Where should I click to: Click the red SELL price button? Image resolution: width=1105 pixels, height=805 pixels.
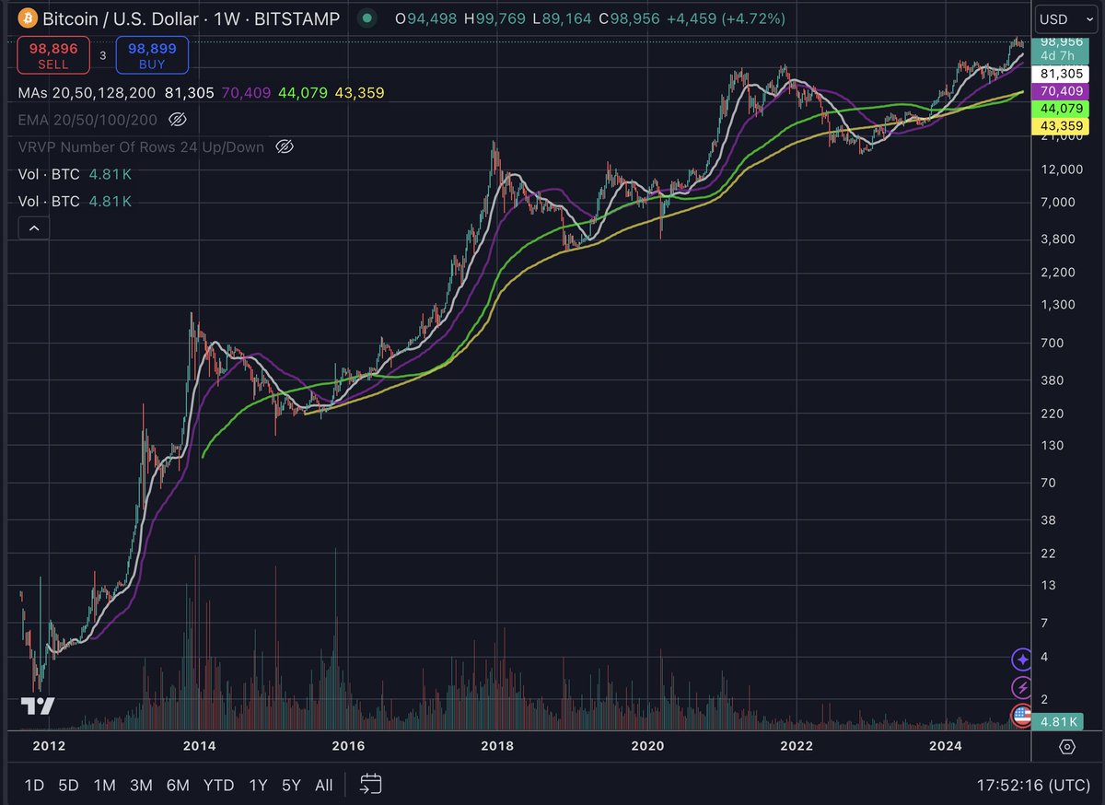[x=53, y=55]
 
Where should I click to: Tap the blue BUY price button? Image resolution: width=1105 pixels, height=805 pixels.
[x=152, y=55]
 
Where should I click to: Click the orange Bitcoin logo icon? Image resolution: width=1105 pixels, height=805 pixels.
[x=28, y=18]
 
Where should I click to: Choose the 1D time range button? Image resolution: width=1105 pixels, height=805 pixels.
[x=34, y=785]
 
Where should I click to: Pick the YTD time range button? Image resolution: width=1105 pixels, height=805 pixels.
[x=218, y=785]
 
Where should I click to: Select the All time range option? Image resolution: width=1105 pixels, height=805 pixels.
[x=323, y=785]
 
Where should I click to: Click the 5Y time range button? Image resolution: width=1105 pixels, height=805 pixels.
[x=291, y=785]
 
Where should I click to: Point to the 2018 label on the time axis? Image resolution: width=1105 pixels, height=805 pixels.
[x=497, y=746]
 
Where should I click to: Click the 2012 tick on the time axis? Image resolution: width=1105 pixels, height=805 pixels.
[x=48, y=746]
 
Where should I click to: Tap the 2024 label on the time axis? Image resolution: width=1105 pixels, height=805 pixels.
[x=946, y=746]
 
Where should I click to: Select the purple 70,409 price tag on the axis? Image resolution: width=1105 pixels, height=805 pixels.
[x=1060, y=91]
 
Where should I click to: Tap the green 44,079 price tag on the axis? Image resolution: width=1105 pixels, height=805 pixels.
[x=1060, y=108]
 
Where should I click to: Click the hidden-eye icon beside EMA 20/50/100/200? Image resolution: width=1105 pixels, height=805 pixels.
[x=179, y=120]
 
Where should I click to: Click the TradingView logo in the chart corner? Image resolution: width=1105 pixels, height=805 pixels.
[x=38, y=706]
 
